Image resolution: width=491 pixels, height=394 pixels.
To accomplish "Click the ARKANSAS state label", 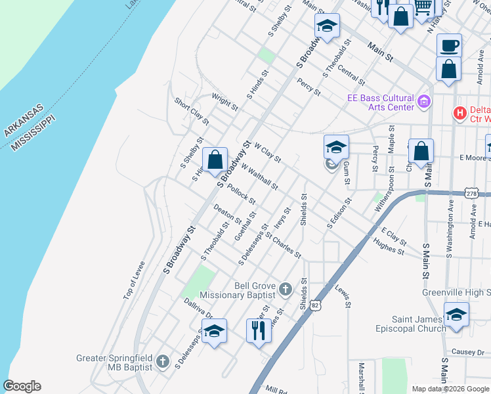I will pyautogui.click(x=23, y=120).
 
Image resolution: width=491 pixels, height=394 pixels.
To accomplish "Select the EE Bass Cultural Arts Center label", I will pyautogui.click(x=381, y=102).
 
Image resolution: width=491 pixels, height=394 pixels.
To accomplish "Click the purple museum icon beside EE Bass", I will pyautogui.click(x=424, y=102).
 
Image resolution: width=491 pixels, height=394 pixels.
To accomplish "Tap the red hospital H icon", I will pyautogui.click(x=460, y=113).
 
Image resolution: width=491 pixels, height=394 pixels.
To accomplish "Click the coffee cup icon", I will pyautogui.click(x=449, y=45).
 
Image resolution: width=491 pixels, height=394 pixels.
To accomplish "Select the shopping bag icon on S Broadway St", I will pyautogui.click(x=215, y=159).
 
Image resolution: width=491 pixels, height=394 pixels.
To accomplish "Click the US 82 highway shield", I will pyautogui.click(x=316, y=305).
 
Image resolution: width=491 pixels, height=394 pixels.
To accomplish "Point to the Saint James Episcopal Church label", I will pyautogui.click(x=410, y=324).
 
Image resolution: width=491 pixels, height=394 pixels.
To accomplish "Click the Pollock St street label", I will pyautogui.click(x=240, y=194).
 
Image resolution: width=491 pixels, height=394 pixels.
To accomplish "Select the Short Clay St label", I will pyautogui.click(x=191, y=112).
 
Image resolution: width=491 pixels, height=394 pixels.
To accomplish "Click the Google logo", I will pyautogui.click(x=22, y=386).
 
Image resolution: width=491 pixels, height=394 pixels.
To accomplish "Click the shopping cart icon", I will pyautogui.click(x=423, y=7).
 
